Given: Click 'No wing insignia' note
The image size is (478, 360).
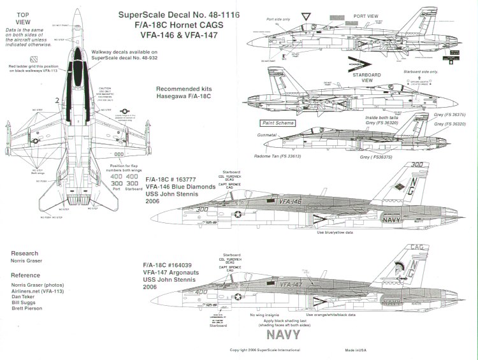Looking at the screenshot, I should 273,315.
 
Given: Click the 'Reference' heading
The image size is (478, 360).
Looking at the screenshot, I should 25,275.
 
